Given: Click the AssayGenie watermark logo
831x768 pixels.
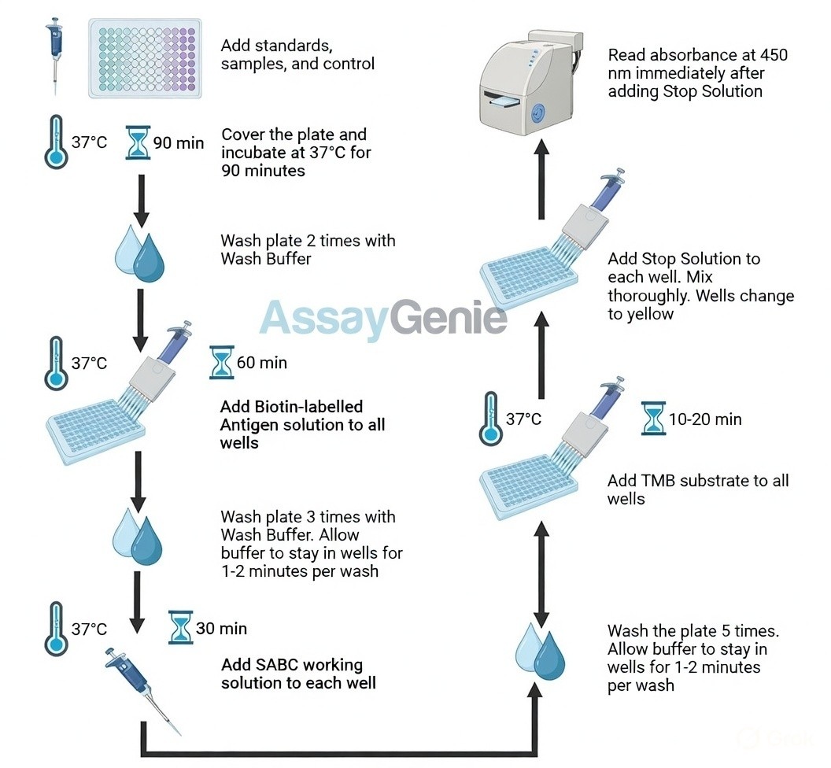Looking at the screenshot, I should (383, 317).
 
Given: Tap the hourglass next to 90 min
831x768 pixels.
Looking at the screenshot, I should (138, 142).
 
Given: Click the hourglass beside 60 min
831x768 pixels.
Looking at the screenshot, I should (222, 363).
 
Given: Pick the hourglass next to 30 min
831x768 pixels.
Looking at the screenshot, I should (181, 628).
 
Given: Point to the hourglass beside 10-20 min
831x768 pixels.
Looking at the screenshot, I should (653, 419).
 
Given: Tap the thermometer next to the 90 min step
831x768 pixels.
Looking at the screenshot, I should (55, 142).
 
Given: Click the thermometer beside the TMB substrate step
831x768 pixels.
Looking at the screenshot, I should (490, 419).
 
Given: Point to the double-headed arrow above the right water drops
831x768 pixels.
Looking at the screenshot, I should (541, 566).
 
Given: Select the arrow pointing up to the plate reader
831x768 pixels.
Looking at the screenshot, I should (541, 181).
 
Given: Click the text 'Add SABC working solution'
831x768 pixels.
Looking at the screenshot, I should (298, 674).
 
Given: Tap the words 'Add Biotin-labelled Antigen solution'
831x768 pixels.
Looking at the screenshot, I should (303, 425).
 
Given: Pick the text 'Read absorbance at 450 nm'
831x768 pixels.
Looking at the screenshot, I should (697, 73).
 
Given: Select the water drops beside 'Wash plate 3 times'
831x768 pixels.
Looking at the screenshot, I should (138, 535).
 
